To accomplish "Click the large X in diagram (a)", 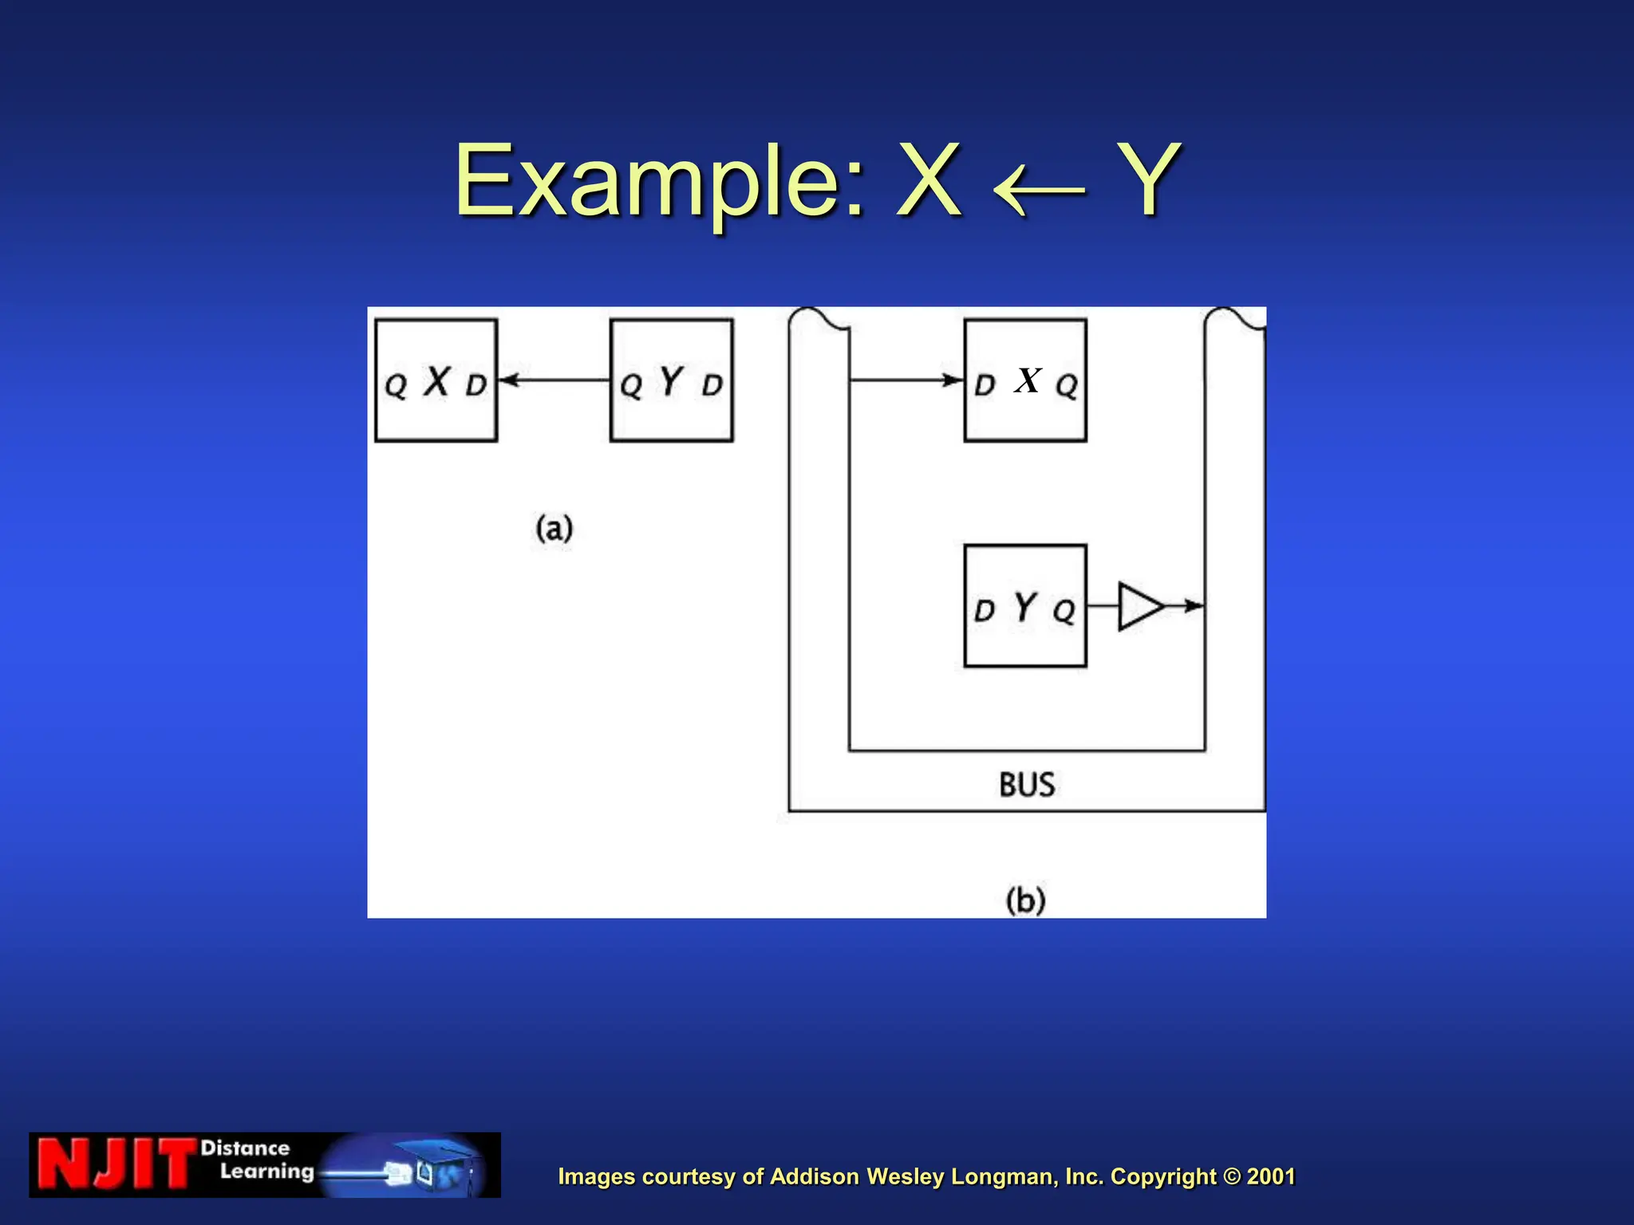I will [436, 381].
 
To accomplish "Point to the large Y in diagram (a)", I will [672, 381].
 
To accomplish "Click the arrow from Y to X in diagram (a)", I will [554, 380].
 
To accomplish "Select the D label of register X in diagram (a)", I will [476, 386].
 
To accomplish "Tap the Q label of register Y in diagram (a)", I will [631, 387].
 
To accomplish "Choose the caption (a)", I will [555, 529].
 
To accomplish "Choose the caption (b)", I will [1025, 901].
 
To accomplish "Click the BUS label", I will [1027, 785].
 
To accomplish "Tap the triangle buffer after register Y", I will [1139, 607].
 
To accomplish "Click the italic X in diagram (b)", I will [1028, 380].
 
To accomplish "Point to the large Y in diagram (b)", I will [1025, 607].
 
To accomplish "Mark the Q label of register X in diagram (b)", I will [1067, 387].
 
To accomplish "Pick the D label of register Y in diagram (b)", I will [985, 612].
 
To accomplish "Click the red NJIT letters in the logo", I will [116, 1165].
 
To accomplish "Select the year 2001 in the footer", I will [1271, 1176].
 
